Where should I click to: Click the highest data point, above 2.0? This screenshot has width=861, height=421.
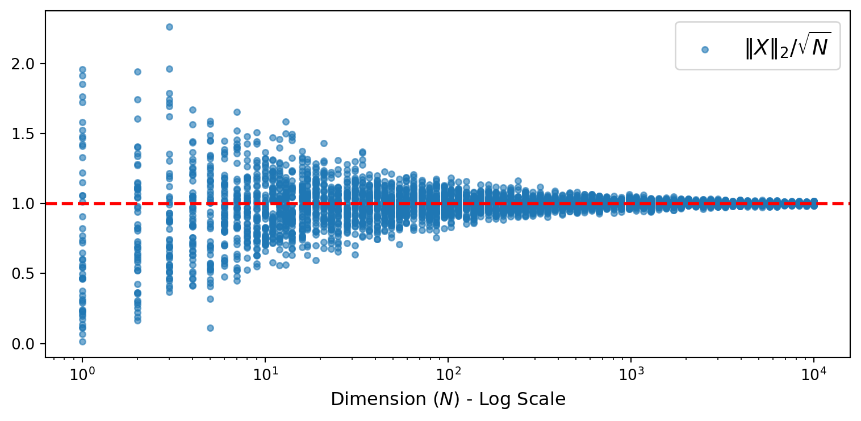(169, 27)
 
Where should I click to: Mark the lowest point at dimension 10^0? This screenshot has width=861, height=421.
(82, 341)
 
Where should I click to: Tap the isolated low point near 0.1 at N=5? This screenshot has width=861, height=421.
(210, 328)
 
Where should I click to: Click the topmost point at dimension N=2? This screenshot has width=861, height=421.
(137, 72)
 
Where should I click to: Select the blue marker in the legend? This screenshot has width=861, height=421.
(705, 49)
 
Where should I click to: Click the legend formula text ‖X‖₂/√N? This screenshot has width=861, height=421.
(787, 47)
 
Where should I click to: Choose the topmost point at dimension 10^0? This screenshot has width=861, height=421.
(82, 69)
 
